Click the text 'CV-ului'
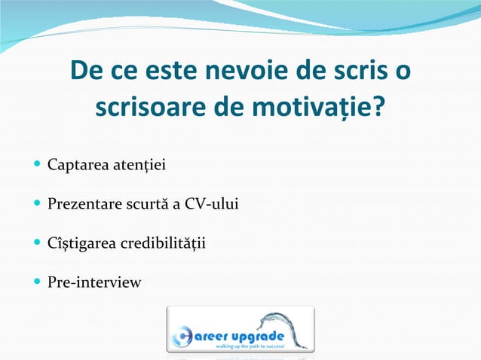click(x=213, y=203)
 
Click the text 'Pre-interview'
click(x=93, y=283)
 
